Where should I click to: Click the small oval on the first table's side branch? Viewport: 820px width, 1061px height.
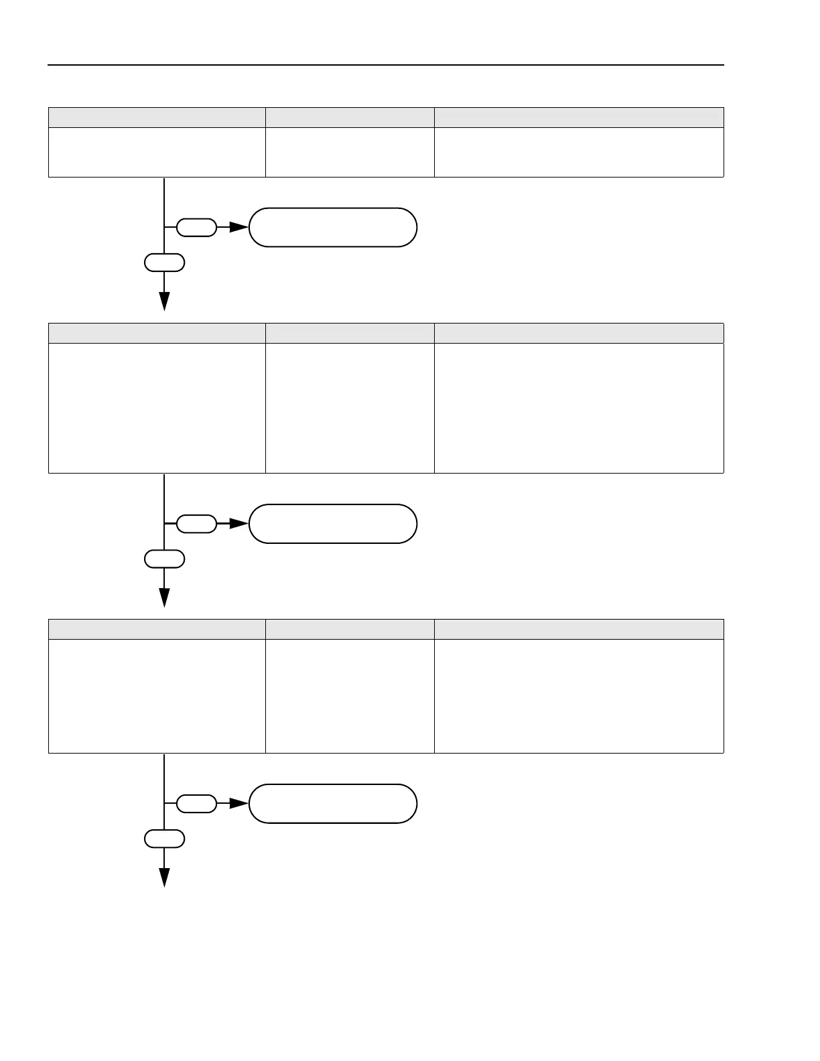pos(196,228)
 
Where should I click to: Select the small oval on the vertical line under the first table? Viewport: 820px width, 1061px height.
pos(164,263)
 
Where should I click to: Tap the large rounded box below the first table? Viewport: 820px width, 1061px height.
pos(333,228)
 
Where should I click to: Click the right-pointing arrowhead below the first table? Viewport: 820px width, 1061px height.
pos(238,228)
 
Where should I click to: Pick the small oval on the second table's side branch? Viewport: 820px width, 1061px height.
pos(196,524)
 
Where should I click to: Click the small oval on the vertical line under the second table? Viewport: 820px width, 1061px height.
pos(164,559)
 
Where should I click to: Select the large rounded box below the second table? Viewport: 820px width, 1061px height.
pos(333,524)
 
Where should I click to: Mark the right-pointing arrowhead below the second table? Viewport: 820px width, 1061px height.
pos(238,524)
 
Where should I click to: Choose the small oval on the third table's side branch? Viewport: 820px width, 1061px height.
pos(196,804)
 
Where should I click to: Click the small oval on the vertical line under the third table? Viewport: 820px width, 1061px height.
pos(164,839)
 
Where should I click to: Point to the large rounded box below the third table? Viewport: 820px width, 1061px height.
pos(333,804)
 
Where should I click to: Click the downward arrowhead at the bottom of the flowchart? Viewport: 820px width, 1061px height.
pos(164,877)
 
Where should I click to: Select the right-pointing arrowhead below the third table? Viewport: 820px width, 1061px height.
pos(238,804)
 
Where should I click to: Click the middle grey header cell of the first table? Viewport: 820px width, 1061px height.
pos(350,117)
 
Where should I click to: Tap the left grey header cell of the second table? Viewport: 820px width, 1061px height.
pos(157,334)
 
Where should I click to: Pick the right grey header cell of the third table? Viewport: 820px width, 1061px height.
pos(579,630)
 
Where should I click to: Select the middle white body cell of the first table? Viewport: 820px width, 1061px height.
pos(350,153)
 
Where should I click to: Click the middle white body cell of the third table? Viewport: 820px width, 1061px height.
pos(350,696)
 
